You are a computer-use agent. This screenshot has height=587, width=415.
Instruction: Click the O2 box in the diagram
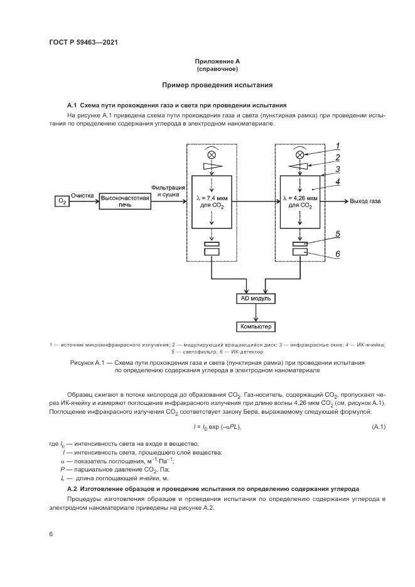coord(62,201)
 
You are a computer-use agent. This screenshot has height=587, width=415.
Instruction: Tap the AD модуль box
coord(256,299)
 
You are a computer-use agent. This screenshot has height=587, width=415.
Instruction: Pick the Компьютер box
coord(256,327)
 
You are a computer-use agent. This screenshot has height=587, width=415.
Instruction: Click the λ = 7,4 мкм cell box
coord(212,202)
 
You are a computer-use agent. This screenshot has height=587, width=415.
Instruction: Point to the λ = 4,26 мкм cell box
coord(300,202)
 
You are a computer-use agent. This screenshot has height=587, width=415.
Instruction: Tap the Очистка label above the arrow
coord(82,196)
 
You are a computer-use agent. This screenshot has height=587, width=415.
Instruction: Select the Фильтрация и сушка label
coord(168,191)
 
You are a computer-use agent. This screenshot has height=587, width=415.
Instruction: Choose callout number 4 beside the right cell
coord(338,183)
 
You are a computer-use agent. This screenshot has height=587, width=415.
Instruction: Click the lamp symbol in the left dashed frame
coord(212,154)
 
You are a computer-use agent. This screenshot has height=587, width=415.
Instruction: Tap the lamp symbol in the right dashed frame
coord(300,154)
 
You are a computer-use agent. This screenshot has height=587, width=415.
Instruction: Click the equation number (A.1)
coord(379,427)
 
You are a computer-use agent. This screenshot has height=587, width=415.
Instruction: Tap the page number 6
coord(51,534)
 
